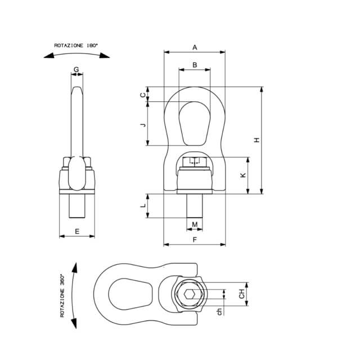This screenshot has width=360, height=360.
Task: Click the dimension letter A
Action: [195, 47]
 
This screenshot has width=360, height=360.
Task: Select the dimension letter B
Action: [195, 65]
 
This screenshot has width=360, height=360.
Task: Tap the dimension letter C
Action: [143, 95]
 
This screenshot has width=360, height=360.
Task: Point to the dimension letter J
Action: [143, 125]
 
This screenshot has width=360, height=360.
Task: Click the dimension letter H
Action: [257, 140]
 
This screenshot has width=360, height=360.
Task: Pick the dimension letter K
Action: [243, 175]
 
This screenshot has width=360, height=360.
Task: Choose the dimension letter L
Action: [143, 205]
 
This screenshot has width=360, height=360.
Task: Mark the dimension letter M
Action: [195, 224]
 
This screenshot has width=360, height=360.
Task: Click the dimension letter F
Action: [195, 240]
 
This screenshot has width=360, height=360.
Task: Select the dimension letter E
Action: [77, 231]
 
